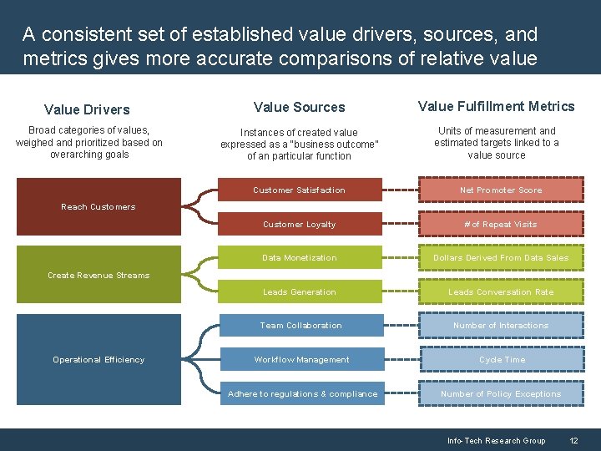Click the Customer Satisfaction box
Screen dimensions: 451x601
tap(299, 190)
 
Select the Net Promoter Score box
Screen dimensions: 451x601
tap(501, 190)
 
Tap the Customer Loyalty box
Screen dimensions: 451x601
tap(299, 225)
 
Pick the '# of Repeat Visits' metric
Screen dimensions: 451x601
tap(501, 225)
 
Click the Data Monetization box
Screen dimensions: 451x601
tap(299, 258)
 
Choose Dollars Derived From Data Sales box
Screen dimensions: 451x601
tap(501, 258)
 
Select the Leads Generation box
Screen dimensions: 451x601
tap(299, 292)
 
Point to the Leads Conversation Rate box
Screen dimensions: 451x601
tap(501, 292)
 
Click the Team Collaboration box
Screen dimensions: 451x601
tap(300, 326)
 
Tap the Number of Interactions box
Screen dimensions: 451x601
tap(501, 326)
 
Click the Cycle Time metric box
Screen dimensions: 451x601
tap(502, 360)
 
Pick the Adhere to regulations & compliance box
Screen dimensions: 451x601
tap(302, 394)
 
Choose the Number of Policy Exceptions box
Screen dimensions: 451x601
tap(501, 394)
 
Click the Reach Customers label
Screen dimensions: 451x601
tap(98, 207)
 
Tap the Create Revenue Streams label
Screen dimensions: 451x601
tap(98, 276)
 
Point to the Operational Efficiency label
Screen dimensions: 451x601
tap(98, 360)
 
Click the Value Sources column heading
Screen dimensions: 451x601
tap(299, 107)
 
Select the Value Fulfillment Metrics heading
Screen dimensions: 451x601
tap(496, 106)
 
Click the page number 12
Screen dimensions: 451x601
tap(573, 441)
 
